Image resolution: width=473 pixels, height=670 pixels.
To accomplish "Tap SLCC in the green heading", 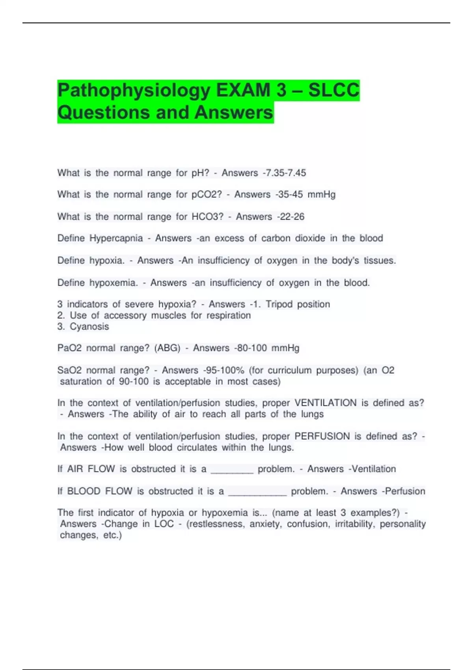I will tap(333, 90).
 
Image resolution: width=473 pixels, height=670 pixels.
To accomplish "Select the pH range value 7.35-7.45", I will tap(285, 173).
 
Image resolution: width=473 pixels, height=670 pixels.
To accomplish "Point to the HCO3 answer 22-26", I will tap(291, 217).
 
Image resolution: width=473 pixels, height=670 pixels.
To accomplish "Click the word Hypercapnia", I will tap(116, 238).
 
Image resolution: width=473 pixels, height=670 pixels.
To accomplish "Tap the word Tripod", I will tap(279, 304).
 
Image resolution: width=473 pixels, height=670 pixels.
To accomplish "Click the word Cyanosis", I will tap(89, 327).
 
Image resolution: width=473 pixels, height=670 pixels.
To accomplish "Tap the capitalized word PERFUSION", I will tap(322, 437).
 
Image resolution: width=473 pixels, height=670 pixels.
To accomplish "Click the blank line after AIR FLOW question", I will tap(232, 470).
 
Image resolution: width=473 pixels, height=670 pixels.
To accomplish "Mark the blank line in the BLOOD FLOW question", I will tap(257, 492).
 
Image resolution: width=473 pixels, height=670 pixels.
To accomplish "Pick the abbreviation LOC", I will tap(164, 524).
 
